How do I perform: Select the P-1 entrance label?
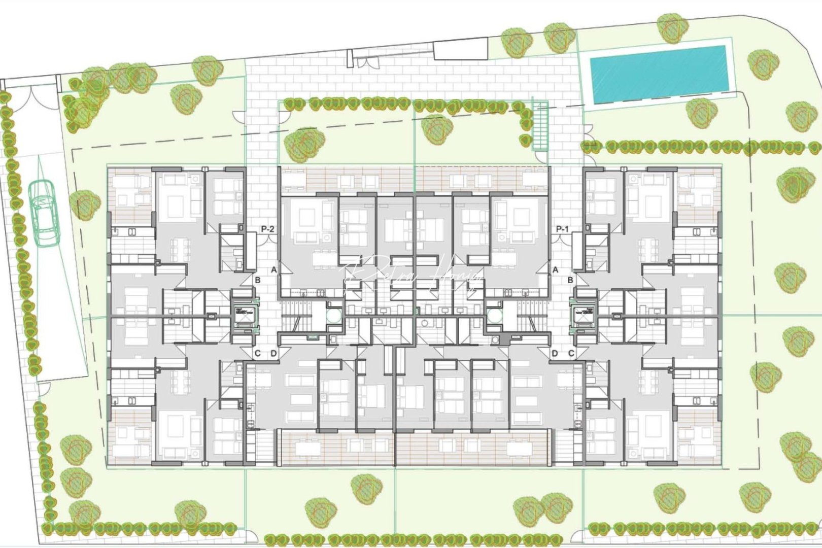(562, 229)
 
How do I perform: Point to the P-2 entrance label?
(268, 229)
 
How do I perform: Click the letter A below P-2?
(274, 270)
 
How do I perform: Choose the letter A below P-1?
(555, 270)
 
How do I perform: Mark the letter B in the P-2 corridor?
(258, 280)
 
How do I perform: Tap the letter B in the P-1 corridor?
(571, 280)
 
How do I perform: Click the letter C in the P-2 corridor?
(258, 353)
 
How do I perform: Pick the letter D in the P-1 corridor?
(555, 353)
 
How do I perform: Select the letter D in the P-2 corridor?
(274, 353)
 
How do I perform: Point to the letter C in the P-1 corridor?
(571, 353)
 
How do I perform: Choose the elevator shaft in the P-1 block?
(584, 317)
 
